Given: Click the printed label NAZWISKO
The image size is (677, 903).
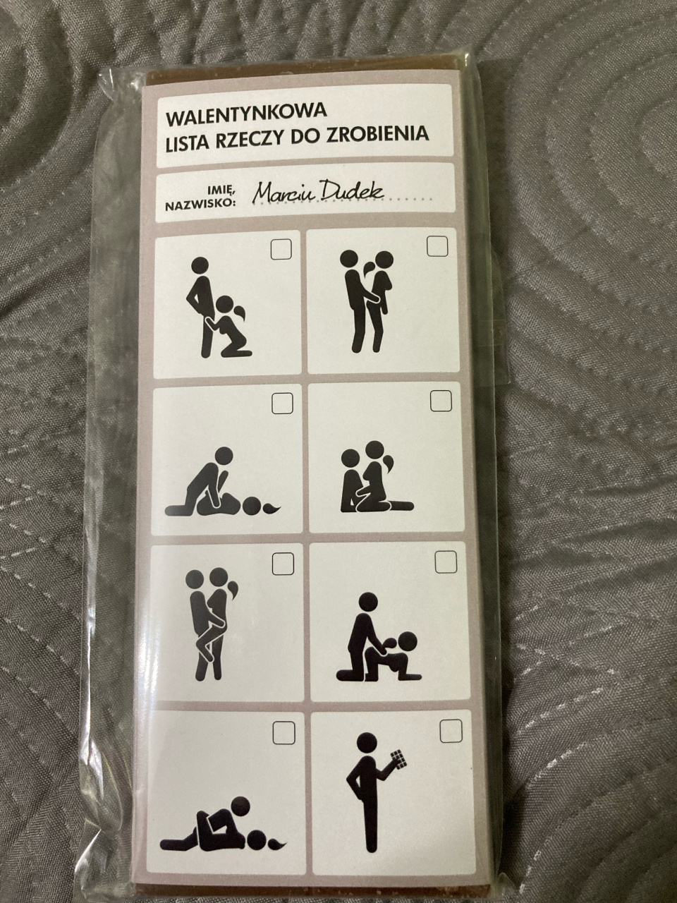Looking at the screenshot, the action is pyautogui.click(x=199, y=204).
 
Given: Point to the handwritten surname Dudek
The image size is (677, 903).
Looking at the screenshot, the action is pyautogui.click(x=352, y=192).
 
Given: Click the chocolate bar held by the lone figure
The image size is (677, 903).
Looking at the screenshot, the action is pyautogui.click(x=396, y=772).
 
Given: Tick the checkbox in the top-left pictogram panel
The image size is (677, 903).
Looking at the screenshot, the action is pyautogui.click(x=281, y=248).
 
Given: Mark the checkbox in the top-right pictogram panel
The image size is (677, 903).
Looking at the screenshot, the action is pyautogui.click(x=437, y=246).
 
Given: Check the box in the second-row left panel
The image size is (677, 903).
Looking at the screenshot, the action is pyautogui.click(x=282, y=404).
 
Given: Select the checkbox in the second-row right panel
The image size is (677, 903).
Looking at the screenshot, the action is pyautogui.click(x=441, y=400).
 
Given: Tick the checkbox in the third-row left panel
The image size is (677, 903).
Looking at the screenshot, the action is pyautogui.click(x=283, y=563).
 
